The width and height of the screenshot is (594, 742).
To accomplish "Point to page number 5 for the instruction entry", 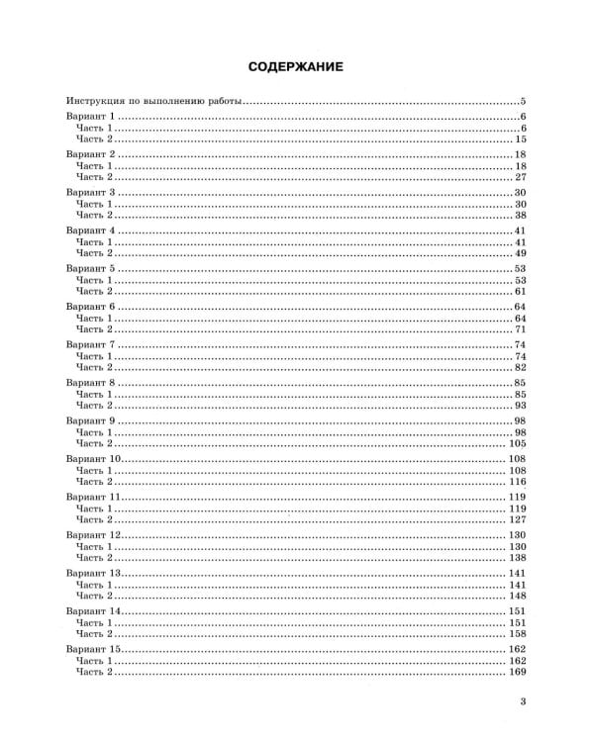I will (522, 102).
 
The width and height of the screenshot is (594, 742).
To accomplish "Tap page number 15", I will (519, 140).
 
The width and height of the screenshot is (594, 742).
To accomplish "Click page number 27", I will (519, 177).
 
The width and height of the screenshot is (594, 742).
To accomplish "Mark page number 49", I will (519, 253).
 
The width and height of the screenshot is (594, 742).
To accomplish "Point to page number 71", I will (519, 328).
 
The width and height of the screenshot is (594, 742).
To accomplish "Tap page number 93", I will (519, 405).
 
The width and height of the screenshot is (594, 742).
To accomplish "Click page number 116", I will (516, 481).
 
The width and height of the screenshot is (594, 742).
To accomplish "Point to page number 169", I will (516, 671).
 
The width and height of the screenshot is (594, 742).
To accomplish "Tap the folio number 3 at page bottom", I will (522, 704).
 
